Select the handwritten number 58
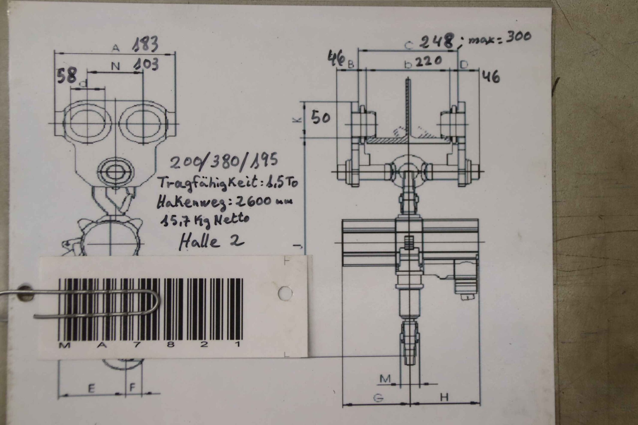pos(67,75)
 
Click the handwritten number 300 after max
pos(518,37)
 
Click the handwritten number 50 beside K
pos(321,118)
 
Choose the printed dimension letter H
pos(444,397)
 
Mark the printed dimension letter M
pos(385,378)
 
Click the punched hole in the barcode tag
pos(285,293)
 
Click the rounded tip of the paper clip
pos(158,302)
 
